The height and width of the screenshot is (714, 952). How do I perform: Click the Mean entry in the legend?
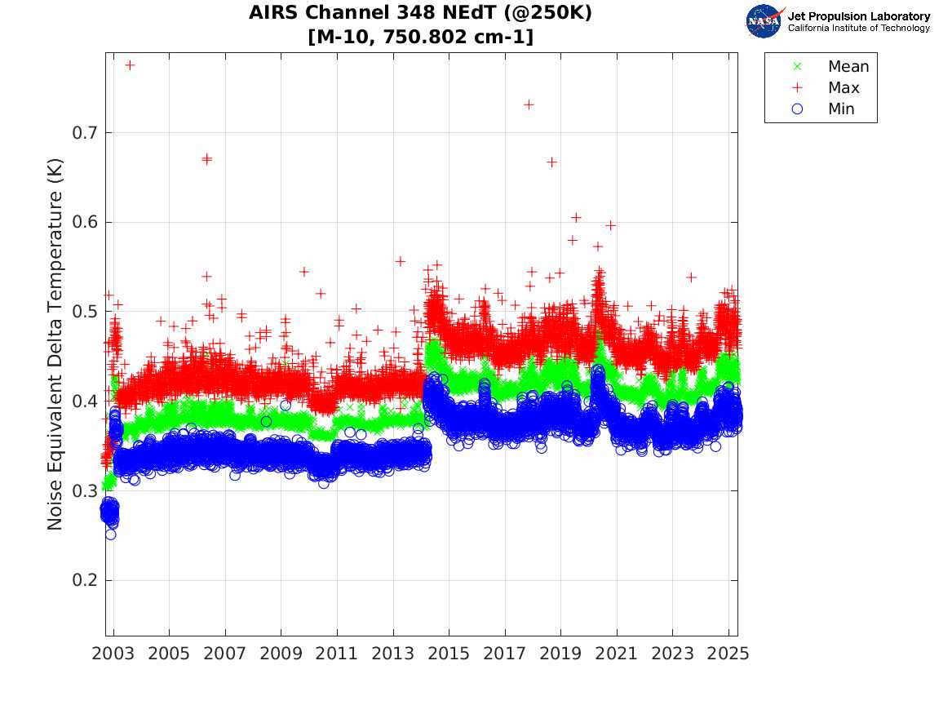(x=848, y=66)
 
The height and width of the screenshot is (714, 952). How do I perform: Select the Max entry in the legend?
(x=843, y=87)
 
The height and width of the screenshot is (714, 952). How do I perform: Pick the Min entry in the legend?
(x=841, y=109)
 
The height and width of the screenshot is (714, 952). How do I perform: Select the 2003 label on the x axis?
(x=113, y=654)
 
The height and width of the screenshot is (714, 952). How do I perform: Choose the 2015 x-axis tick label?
(x=449, y=654)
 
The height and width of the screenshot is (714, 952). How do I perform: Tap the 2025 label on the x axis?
(x=728, y=654)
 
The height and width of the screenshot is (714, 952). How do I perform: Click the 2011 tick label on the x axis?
(x=337, y=654)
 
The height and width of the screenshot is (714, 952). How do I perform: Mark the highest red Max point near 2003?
(x=130, y=64)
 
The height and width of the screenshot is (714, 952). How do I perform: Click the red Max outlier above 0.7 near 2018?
(x=529, y=104)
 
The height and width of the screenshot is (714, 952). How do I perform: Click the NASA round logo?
(x=764, y=21)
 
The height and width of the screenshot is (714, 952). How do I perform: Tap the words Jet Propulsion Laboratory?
(x=858, y=16)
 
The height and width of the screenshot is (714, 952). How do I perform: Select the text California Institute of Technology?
(x=858, y=29)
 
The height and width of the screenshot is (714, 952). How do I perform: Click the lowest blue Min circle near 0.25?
(x=110, y=534)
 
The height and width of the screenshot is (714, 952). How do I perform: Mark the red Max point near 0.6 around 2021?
(x=610, y=225)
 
